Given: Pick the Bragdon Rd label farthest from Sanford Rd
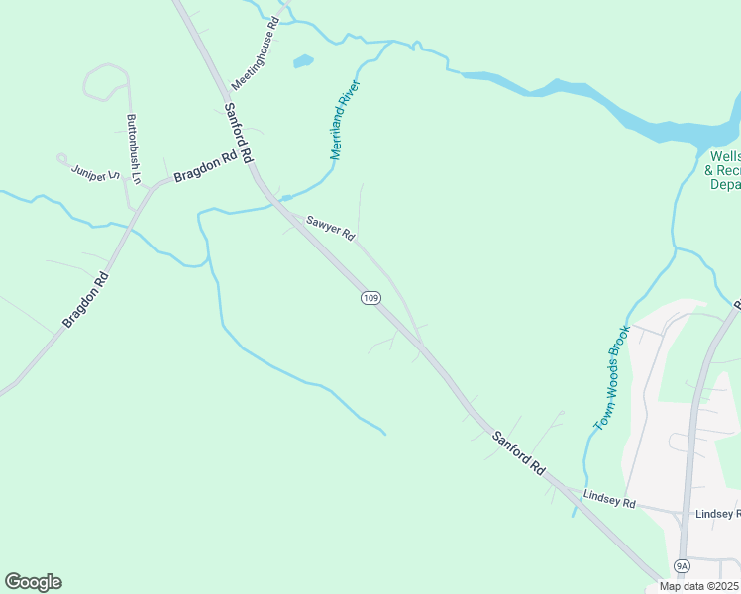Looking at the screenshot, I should click(x=84, y=301).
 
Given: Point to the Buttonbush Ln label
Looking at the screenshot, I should click(x=133, y=149).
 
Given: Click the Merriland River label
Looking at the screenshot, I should click(x=343, y=121).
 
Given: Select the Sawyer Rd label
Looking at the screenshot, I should click(x=330, y=229).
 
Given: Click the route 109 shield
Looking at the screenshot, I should click(x=370, y=298).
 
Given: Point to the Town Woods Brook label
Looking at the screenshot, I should click(x=611, y=377).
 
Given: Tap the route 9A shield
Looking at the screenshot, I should click(x=682, y=565).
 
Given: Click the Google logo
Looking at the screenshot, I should click(x=33, y=582).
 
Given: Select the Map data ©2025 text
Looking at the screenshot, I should click(x=698, y=586).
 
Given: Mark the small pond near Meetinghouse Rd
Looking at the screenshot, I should click(x=303, y=61).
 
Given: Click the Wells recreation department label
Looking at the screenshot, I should click(x=724, y=170).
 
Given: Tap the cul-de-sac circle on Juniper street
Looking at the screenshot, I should click(x=61, y=157).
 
